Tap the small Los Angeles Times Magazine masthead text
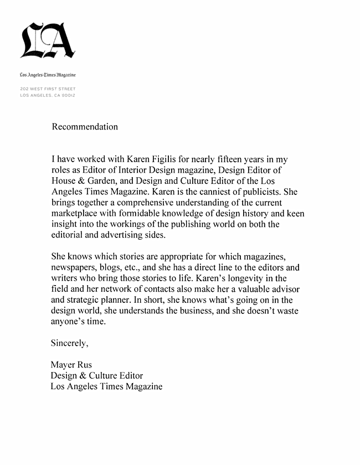[47, 74]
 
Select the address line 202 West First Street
[47, 89]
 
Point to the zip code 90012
[68, 95]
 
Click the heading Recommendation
[85, 127]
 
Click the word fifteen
[248, 160]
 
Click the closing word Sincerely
[69, 343]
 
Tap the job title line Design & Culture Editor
[97, 376]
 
